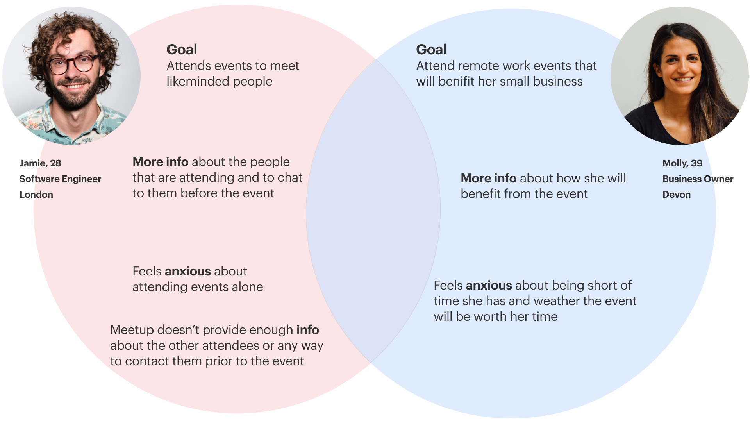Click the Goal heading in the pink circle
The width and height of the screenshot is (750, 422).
coord(182,50)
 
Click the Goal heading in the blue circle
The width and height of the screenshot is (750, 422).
coord(431,50)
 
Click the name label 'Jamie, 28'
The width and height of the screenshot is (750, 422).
coord(40,163)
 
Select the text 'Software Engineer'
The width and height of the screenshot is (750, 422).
coord(60,179)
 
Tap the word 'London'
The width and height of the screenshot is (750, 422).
coord(36,195)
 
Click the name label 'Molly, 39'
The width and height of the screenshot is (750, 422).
coord(682,163)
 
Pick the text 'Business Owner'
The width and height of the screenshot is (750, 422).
coord(698,179)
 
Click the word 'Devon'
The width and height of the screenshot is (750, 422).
coord(677,195)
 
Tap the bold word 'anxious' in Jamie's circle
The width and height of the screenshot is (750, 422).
coord(188,271)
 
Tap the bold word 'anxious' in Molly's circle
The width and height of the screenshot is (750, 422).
coord(489,285)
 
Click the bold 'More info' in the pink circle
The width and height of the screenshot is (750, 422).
coord(161,162)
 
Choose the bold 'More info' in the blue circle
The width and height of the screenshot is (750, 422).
coord(489,178)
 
